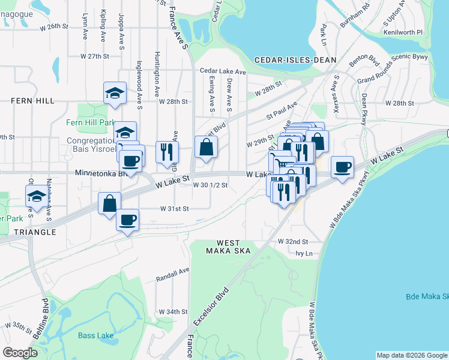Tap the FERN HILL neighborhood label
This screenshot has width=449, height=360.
point(31,101)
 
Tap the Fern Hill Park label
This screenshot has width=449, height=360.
point(90,122)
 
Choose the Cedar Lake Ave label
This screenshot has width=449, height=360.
point(223,71)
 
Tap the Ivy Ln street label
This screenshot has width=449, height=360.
point(305,253)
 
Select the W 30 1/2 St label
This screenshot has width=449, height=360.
point(210,185)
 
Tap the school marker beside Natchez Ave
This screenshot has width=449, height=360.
point(37,197)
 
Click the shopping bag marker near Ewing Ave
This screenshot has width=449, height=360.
point(206,146)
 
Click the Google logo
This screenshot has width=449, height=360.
point(20,353)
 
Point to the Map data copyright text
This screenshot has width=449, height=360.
point(412,355)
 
